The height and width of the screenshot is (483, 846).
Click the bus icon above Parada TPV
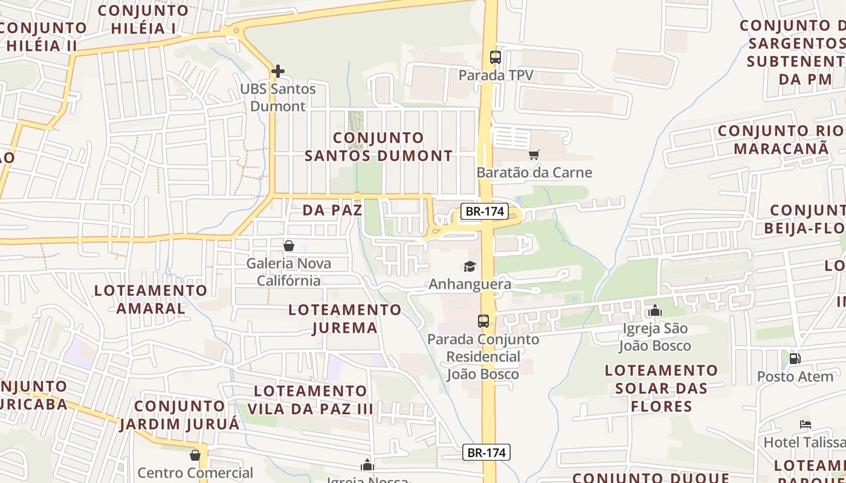click(496, 57)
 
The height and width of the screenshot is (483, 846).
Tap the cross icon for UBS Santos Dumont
click(277, 71)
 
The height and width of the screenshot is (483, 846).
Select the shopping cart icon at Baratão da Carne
click(534, 155)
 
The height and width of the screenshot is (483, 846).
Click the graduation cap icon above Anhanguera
click(470, 266)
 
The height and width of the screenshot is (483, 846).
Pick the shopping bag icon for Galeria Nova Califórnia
click(289, 246)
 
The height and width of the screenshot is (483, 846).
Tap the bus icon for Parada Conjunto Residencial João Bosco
click(483, 321)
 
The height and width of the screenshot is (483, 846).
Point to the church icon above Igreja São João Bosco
click(654, 311)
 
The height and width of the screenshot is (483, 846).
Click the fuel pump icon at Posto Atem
click(795, 359)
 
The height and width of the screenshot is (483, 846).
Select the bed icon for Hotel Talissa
click(805, 424)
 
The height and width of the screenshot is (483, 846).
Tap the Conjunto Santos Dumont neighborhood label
click(378, 147)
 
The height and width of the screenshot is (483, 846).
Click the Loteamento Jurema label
click(345, 319)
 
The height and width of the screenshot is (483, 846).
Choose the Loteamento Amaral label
click(151, 299)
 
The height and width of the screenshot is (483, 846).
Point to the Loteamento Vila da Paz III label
click(311, 400)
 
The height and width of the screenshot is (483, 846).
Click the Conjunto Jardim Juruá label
click(179, 415)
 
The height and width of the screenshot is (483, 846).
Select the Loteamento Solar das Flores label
click(661, 388)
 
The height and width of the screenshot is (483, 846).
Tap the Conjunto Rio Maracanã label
click(781, 139)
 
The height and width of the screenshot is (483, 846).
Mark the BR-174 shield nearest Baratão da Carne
click(485, 212)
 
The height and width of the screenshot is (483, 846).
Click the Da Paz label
click(332, 210)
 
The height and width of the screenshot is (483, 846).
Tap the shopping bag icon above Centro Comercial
click(195, 455)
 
